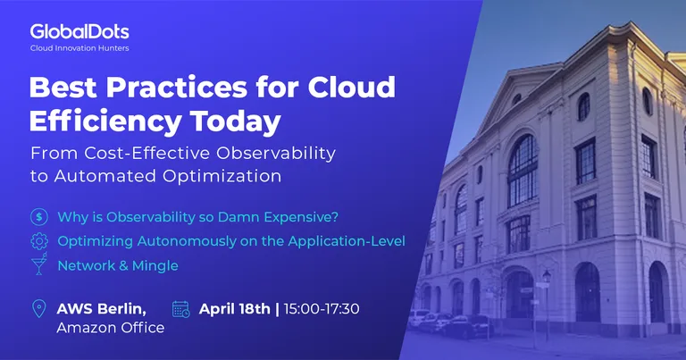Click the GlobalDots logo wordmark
pyautogui.click(x=79, y=32)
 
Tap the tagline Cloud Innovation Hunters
pyautogui.click(x=79, y=48)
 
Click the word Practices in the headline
pyautogui.click(x=176, y=87)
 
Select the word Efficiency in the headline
pyautogui.click(x=105, y=121)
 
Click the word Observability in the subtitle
pyautogui.click(x=276, y=153)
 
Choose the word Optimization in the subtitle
pyautogui.click(x=222, y=176)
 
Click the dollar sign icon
pyautogui.click(x=39, y=216)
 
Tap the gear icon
pyautogui.click(x=39, y=241)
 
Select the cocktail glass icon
pyautogui.click(x=39, y=264)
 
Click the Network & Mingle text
pyautogui.click(x=118, y=265)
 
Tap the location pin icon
pyautogui.click(x=39, y=308)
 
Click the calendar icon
pyautogui.click(x=180, y=309)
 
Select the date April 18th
pyautogui.click(x=235, y=309)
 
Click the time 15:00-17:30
pyautogui.click(x=322, y=309)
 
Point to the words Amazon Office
pyautogui.click(x=111, y=328)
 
